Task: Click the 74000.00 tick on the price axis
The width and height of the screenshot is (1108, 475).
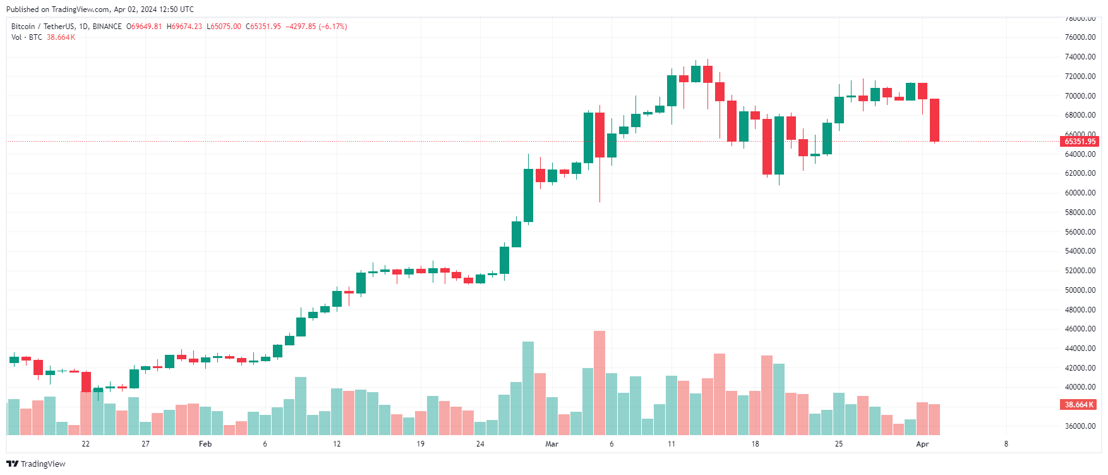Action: tap(1080, 57)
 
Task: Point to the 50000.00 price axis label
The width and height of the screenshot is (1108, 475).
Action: tap(1080, 290)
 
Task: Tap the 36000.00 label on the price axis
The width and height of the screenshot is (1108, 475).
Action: tap(1080, 426)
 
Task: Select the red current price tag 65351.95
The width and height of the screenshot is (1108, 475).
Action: tap(1080, 142)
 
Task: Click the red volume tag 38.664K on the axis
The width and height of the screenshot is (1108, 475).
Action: tap(1080, 405)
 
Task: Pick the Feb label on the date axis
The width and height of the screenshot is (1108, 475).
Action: tap(205, 444)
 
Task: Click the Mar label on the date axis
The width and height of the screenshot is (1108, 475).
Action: tap(551, 444)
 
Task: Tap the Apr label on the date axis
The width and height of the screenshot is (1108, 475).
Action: tap(922, 444)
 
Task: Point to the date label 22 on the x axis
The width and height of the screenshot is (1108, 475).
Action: tap(86, 444)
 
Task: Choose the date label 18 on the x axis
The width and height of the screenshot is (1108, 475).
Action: tap(755, 444)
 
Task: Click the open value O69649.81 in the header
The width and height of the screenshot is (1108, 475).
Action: tap(144, 27)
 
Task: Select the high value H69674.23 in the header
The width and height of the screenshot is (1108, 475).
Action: tap(184, 27)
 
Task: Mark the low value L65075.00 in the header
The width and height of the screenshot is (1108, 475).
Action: tap(224, 27)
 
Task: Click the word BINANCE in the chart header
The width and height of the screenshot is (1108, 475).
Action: tap(107, 27)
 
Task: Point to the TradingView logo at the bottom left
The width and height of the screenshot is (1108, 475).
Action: tap(36, 464)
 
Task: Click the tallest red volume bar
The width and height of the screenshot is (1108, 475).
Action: tap(599, 383)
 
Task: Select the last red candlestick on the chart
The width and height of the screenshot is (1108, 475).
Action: tap(934, 120)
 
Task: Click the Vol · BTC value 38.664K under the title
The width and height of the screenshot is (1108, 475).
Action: tap(61, 37)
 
